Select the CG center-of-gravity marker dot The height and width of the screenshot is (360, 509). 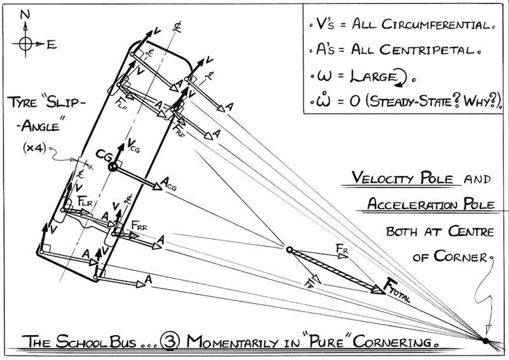(x=113, y=167)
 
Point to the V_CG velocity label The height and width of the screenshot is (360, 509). (x=134, y=144)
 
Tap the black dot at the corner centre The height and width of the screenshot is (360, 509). (x=485, y=341)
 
